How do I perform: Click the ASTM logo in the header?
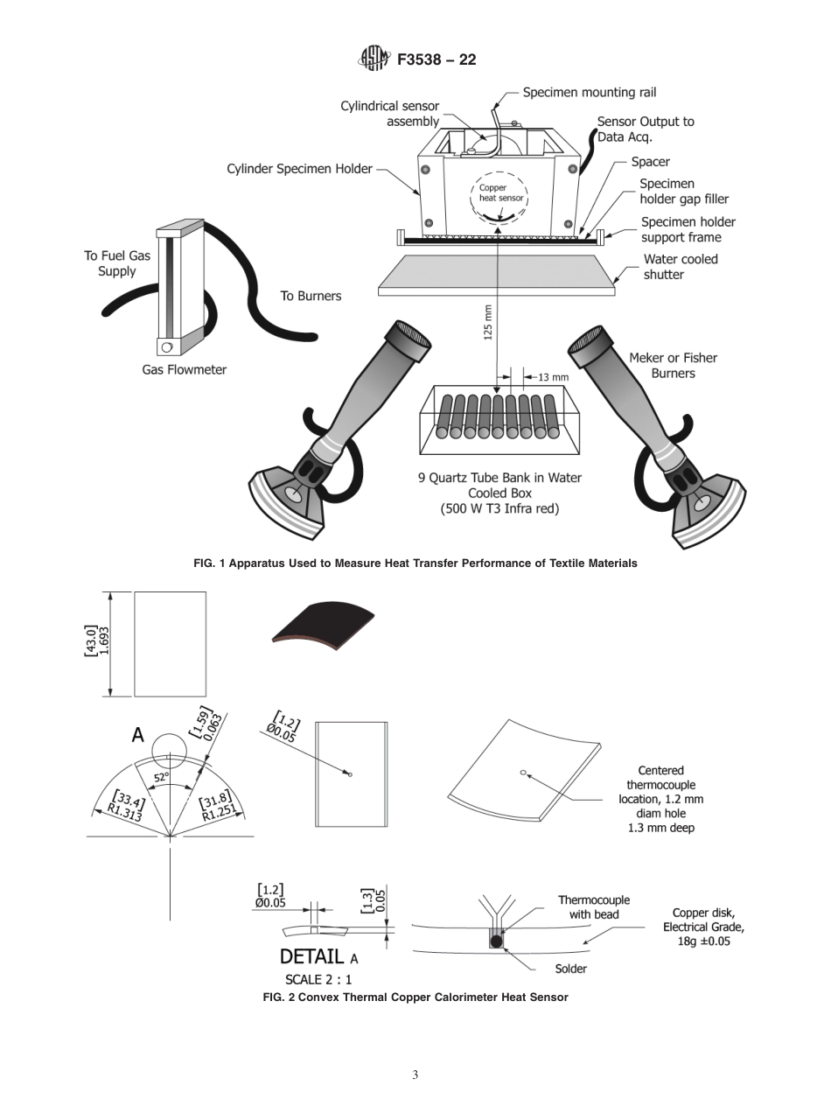click(372, 59)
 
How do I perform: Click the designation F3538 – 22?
click(436, 60)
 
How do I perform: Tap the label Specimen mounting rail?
click(589, 92)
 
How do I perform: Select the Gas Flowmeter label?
click(184, 369)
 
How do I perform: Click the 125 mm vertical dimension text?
click(488, 321)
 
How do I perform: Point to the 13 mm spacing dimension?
click(553, 377)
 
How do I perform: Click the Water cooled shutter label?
click(680, 266)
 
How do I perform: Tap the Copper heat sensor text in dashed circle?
click(500, 192)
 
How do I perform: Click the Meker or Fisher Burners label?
click(673, 365)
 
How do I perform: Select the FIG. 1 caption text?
click(415, 563)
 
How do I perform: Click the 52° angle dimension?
click(162, 777)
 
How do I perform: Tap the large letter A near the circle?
click(137, 736)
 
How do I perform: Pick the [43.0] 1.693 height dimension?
click(97, 644)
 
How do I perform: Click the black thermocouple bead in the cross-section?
click(497, 941)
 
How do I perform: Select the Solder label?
click(570, 969)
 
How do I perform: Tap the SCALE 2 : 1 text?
click(318, 979)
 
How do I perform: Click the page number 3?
click(415, 1074)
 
